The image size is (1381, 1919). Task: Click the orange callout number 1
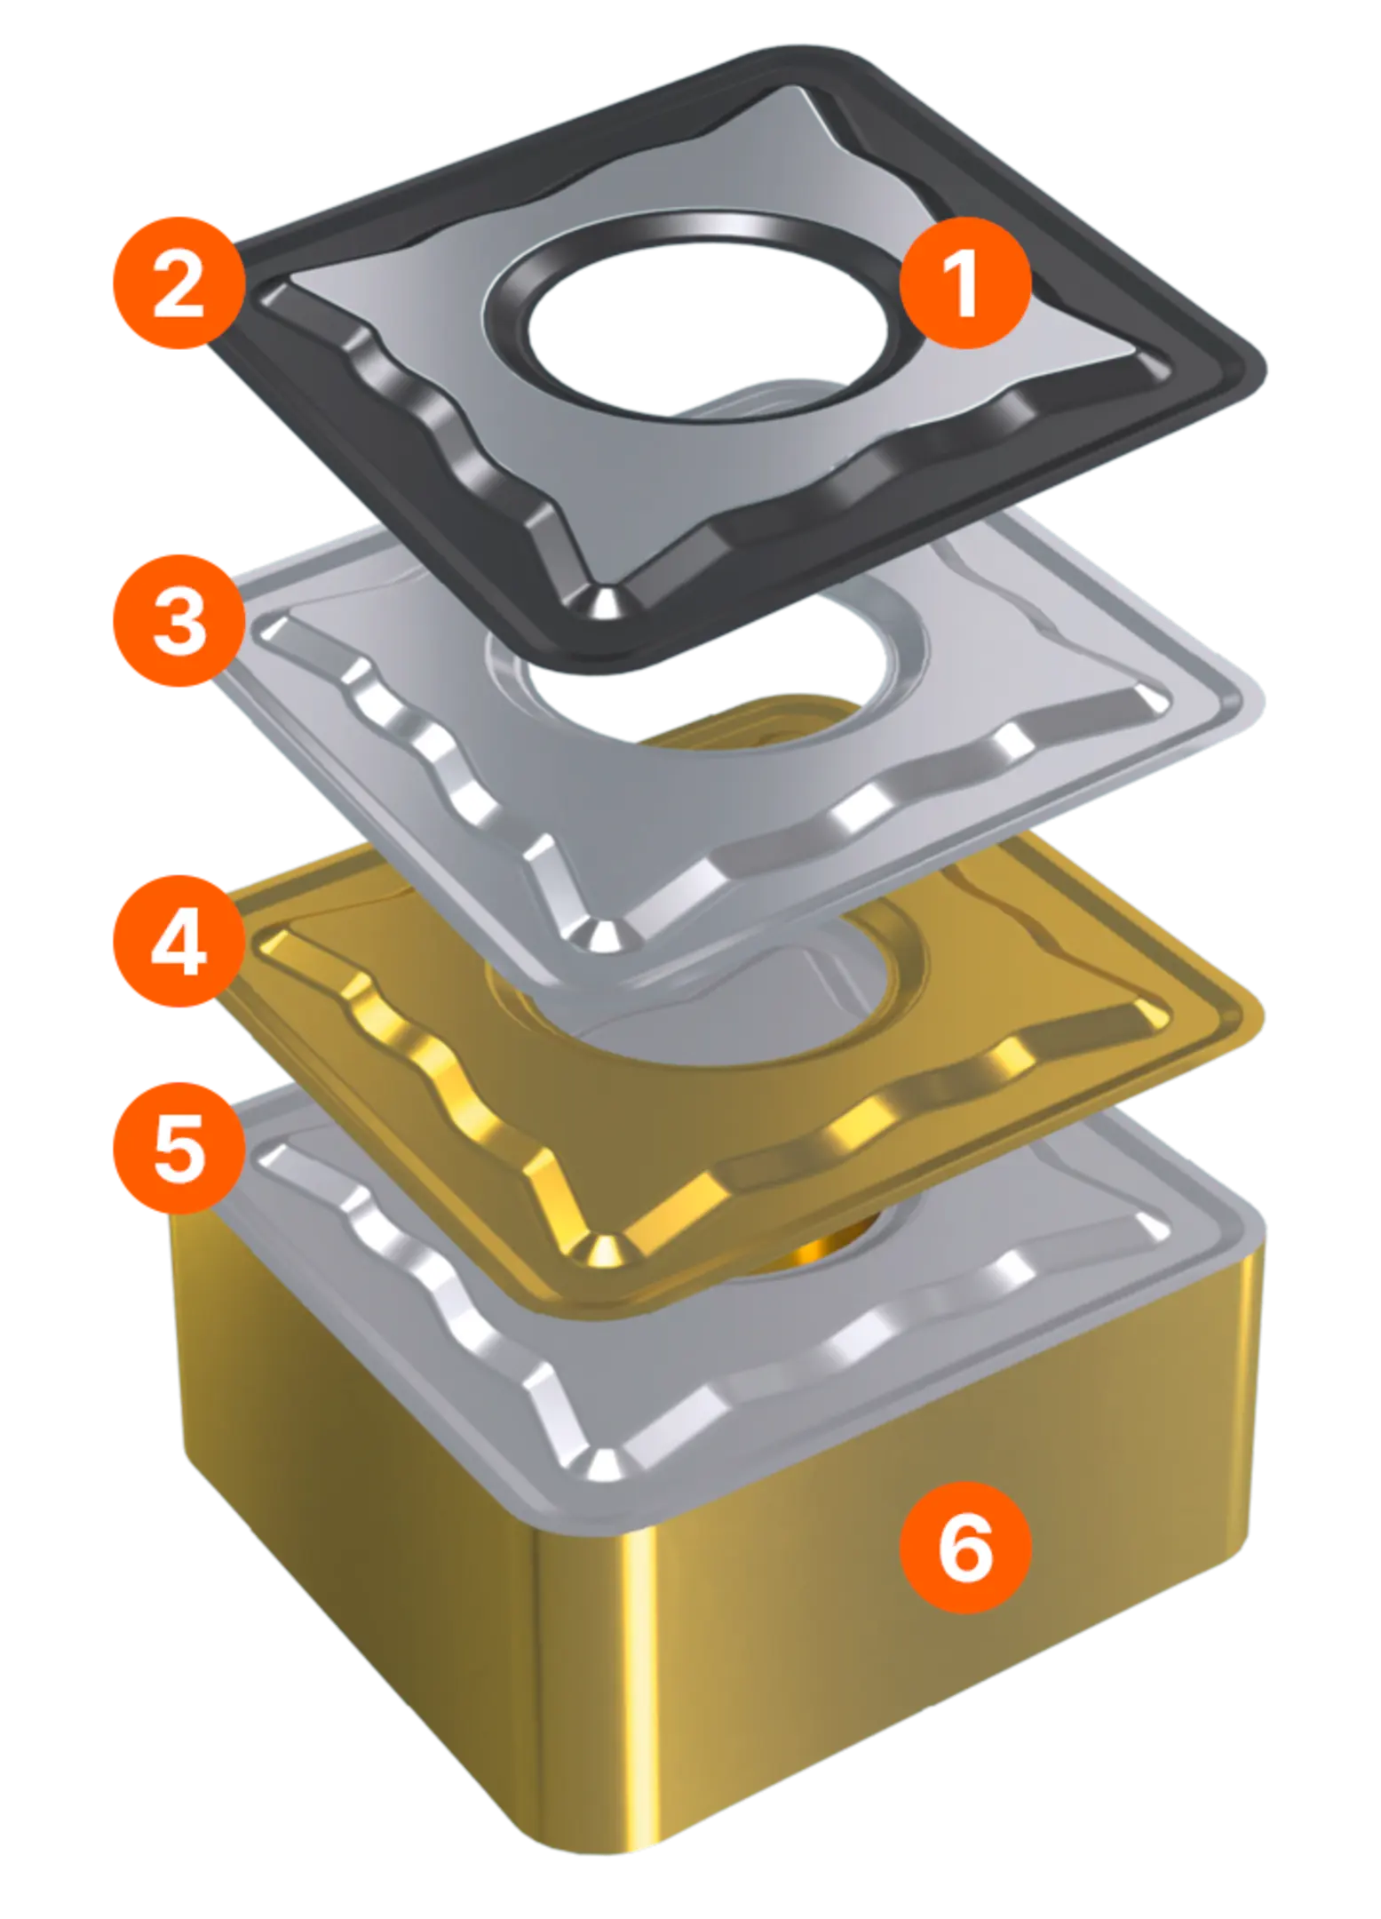964,283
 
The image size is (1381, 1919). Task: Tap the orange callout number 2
179,283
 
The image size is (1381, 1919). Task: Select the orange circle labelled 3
179,621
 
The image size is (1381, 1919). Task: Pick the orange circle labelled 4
179,941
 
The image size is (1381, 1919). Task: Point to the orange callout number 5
179,1148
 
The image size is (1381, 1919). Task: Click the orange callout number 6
964,1547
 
